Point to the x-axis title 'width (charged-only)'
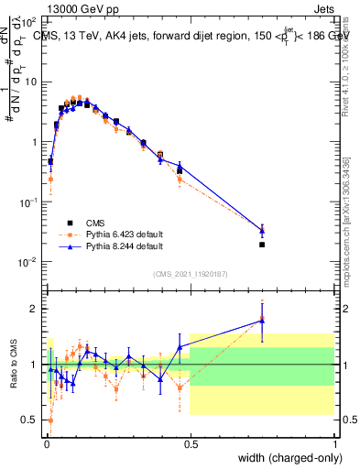click(285, 458)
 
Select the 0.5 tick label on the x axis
click(190, 443)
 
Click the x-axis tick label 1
click(334, 443)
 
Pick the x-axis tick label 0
click(45, 443)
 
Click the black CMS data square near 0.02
click(50, 161)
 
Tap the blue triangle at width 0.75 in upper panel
click(262, 231)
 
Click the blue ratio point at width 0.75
click(262, 320)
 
